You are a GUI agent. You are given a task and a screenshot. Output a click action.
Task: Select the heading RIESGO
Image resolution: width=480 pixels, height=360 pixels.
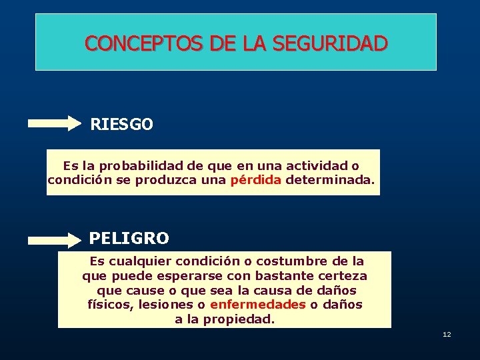pos(121,125)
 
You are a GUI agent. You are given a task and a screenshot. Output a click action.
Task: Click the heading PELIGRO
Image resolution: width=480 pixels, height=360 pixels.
pos(129,238)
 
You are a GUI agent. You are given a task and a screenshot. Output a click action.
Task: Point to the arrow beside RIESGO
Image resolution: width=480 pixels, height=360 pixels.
pos(54,123)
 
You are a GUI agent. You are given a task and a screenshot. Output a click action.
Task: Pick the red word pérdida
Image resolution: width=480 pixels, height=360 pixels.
pos(255,180)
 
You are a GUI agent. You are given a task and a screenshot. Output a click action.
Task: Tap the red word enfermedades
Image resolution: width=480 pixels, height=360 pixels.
pos(257,305)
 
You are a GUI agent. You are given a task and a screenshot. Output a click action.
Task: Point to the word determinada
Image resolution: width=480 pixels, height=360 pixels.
pos(330,180)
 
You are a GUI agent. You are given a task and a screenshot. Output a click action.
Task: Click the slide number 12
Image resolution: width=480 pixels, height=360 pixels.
pos(447,334)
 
